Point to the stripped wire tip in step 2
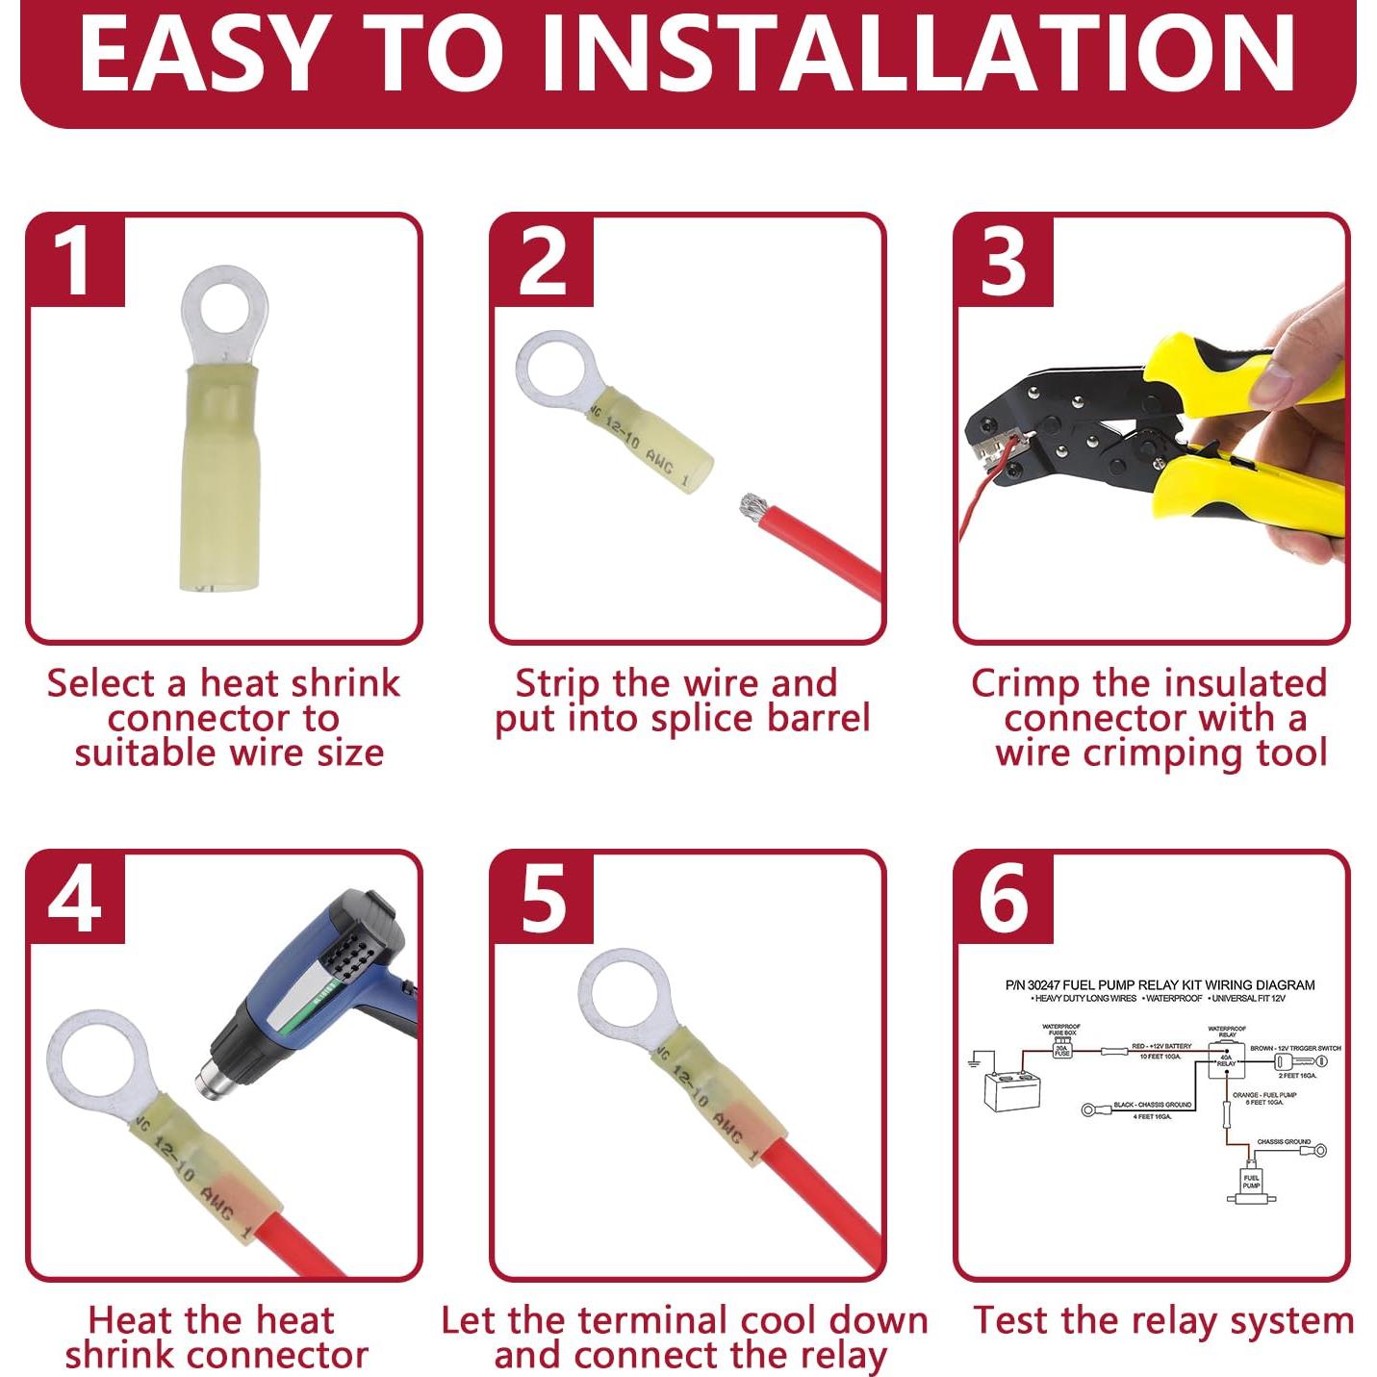tap(751, 506)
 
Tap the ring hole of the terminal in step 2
tap(555, 369)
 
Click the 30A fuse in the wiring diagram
tap(1061, 1049)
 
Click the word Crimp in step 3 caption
tap(1024, 683)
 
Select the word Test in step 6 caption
tap(1011, 1320)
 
